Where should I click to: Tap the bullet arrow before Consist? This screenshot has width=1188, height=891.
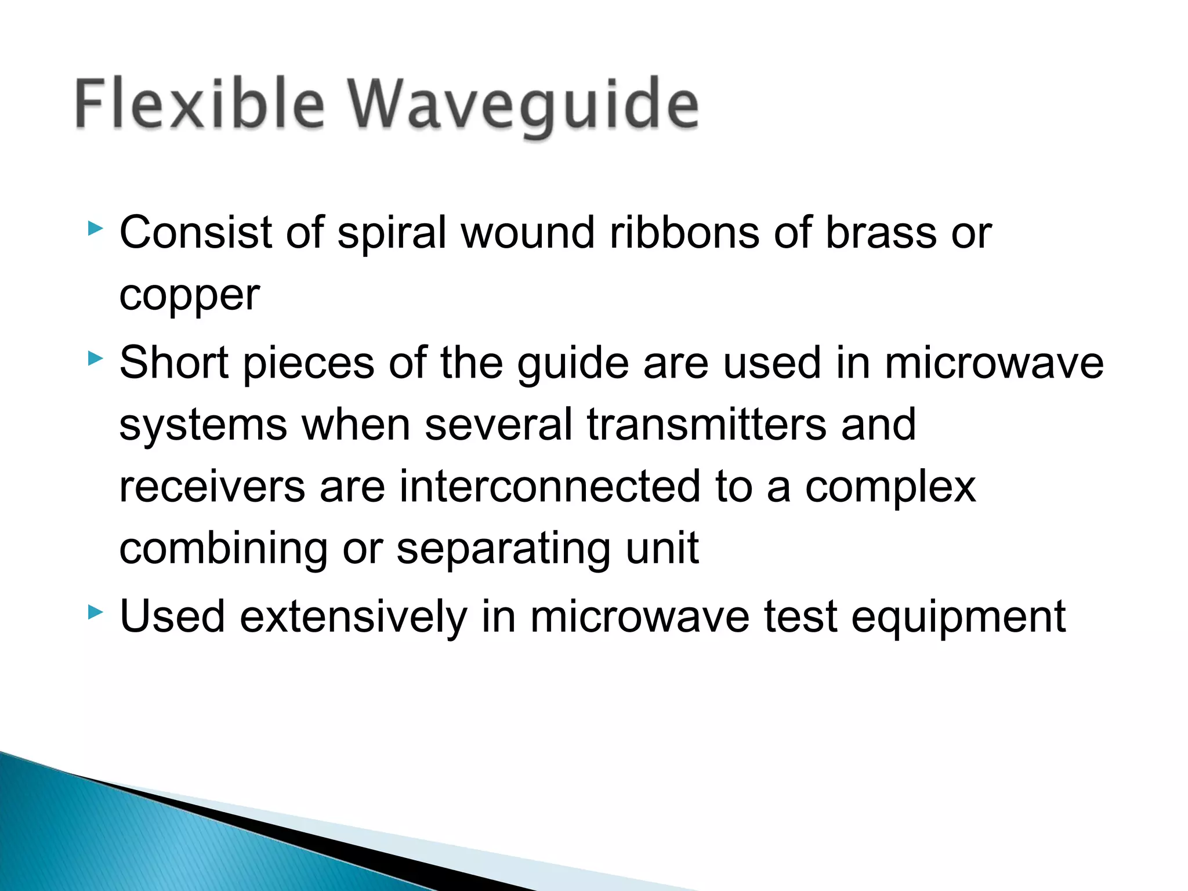[95, 229]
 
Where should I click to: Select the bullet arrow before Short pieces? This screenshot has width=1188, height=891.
[95, 359]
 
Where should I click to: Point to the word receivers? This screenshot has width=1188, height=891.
[212, 487]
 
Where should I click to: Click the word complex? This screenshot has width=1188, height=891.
[890, 488]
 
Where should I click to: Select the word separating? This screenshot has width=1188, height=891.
[504, 550]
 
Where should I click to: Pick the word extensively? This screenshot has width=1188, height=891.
[353, 617]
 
